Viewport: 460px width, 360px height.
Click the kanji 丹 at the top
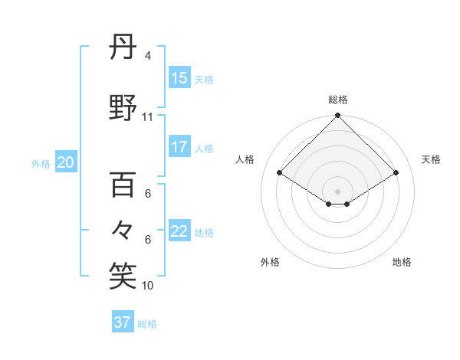[x=123, y=50]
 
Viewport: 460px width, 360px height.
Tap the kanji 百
[x=123, y=186]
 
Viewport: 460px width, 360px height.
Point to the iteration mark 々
[x=123, y=229]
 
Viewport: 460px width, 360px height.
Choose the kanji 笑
[x=123, y=276]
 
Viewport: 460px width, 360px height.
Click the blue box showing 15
[x=179, y=77]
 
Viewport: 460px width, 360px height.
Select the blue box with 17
[x=179, y=147]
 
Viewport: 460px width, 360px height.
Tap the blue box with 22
[x=179, y=231]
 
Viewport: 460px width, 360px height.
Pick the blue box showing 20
[x=66, y=162]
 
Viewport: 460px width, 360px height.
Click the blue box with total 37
[x=123, y=322]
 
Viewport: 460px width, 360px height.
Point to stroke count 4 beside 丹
[x=148, y=56]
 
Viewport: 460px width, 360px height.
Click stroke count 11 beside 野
[x=148, y=117]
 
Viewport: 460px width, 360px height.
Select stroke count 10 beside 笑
[x=148, y=286]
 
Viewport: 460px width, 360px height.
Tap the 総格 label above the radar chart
[x=337, y=100]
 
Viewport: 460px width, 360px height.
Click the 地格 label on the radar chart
[x=402, y=262]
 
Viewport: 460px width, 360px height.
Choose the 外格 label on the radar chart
[x=270, y=262]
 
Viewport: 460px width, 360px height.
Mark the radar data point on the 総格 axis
[x=337, y=116]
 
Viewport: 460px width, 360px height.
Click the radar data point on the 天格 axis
[x=396, y=173]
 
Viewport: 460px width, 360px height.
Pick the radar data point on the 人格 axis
[x=280, y=173]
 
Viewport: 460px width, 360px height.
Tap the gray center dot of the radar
[x=337, y=190]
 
